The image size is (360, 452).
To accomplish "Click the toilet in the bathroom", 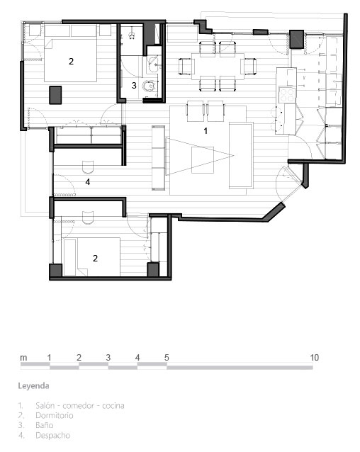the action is click(150, 86).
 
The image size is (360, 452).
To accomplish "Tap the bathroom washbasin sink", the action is click(153, 64).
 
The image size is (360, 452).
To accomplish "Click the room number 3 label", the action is click(134, 85).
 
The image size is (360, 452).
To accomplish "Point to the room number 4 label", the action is click(88, 181).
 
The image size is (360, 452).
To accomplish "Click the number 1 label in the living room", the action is click(206, 131).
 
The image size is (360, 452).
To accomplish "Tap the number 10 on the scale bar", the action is click(315, 358).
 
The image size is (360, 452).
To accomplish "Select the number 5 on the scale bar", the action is click(167, 358).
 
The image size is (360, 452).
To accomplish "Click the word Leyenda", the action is click(33, 386).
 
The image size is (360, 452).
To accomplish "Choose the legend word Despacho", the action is click(52, 435).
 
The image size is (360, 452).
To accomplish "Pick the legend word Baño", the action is click(45, 425).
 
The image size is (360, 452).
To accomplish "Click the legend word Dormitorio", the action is click(54, 415).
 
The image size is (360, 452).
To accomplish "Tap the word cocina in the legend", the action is click(113, 405).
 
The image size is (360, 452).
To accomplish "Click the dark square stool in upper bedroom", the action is click(55, 95).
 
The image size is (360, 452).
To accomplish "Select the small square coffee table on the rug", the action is click(203, 160).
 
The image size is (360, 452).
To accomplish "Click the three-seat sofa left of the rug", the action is click(158, 158).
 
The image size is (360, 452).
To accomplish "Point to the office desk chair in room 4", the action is click(88, 167).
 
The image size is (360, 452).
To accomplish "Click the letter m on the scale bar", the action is click(23, 358).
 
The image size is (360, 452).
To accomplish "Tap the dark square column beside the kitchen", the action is click(297, 39).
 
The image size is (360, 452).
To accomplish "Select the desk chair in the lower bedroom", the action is click(88, 217).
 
